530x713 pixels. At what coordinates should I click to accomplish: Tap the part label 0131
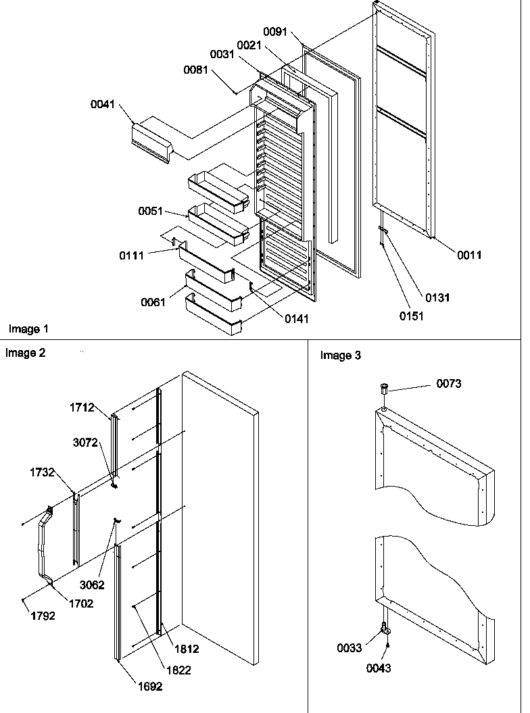tap(437, 297)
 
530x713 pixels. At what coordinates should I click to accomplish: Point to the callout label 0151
tap(411, 316)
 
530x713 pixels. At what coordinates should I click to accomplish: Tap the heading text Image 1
tap(28, 328)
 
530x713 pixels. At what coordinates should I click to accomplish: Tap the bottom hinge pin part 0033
tap(385, 629)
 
